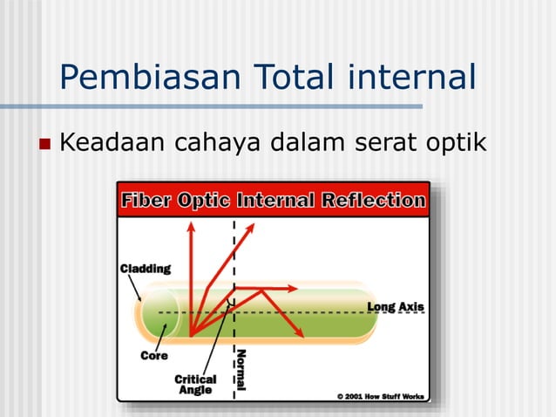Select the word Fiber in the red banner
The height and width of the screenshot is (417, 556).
(146, 200)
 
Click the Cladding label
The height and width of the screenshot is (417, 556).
(145, 269)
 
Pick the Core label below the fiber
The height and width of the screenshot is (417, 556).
(153, 356)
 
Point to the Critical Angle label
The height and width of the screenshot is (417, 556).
(195, 385)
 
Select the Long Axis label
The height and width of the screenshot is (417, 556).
(395, 307)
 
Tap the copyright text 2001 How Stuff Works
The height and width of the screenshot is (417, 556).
(382, 396)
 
